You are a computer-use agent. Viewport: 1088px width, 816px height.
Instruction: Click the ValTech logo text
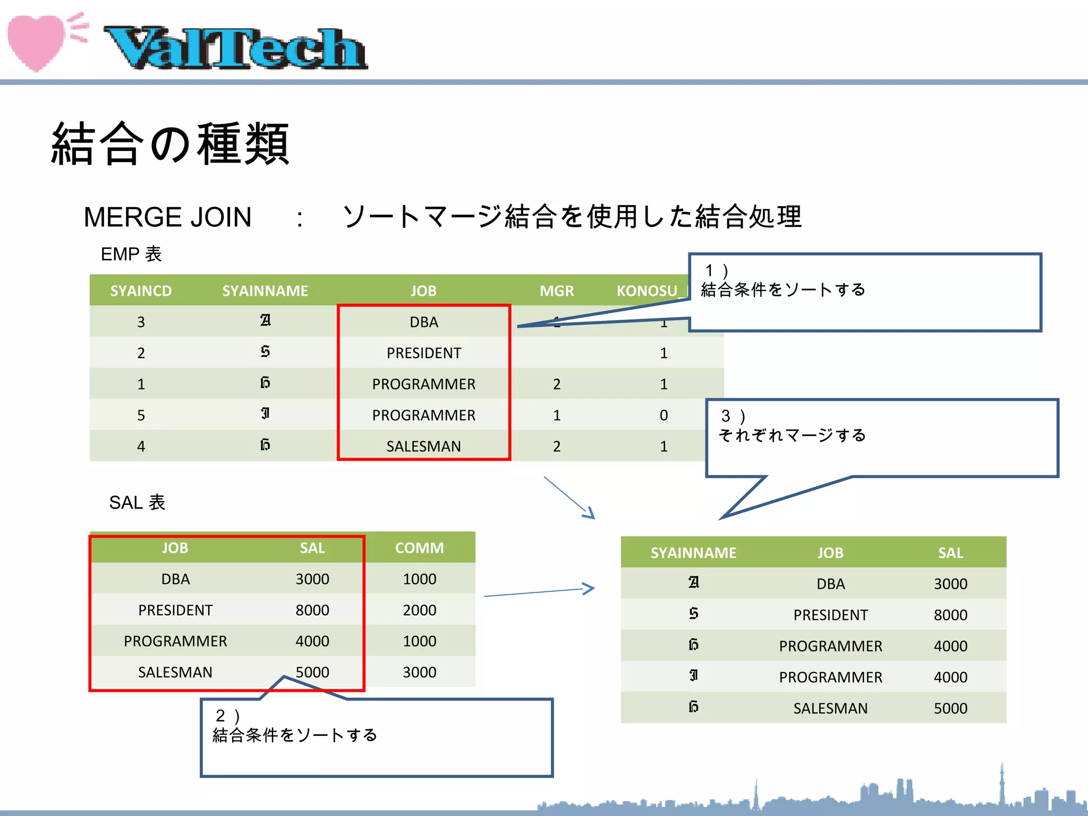235,49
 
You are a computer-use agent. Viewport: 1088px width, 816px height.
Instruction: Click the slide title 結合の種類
170,143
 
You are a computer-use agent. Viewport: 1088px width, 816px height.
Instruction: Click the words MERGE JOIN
167,217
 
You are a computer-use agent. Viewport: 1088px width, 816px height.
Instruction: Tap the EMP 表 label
131,254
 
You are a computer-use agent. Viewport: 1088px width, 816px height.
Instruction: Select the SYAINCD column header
141,291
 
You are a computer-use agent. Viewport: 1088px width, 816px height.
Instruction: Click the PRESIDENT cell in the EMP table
423,353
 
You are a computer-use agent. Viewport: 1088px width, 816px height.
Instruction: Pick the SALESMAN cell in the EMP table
423,446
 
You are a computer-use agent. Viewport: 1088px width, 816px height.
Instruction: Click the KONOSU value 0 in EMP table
664,415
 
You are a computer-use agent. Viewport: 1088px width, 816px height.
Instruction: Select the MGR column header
556,291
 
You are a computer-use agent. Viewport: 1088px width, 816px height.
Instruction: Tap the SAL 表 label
137,502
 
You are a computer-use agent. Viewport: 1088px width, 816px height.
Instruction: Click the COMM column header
419,548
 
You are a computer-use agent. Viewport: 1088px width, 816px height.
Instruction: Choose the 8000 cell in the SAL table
312,610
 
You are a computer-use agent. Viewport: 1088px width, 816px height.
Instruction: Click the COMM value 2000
419,610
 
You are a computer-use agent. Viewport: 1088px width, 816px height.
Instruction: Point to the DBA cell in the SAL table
175,579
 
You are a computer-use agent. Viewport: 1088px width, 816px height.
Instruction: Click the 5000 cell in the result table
950,708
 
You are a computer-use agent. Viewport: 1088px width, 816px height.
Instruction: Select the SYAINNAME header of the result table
693,552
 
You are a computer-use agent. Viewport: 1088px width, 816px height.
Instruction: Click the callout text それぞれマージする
792,435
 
